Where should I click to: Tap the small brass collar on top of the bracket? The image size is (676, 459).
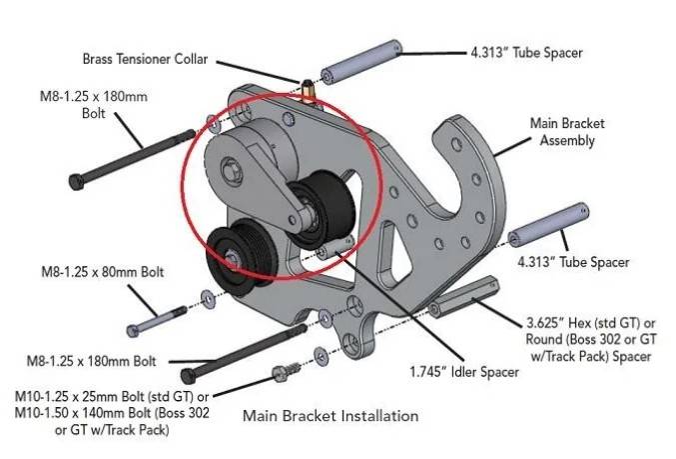tap(308, 90)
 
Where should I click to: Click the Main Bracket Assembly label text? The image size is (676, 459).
tap(567, 132)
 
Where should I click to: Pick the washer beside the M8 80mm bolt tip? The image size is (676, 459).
tap(207, 296)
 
